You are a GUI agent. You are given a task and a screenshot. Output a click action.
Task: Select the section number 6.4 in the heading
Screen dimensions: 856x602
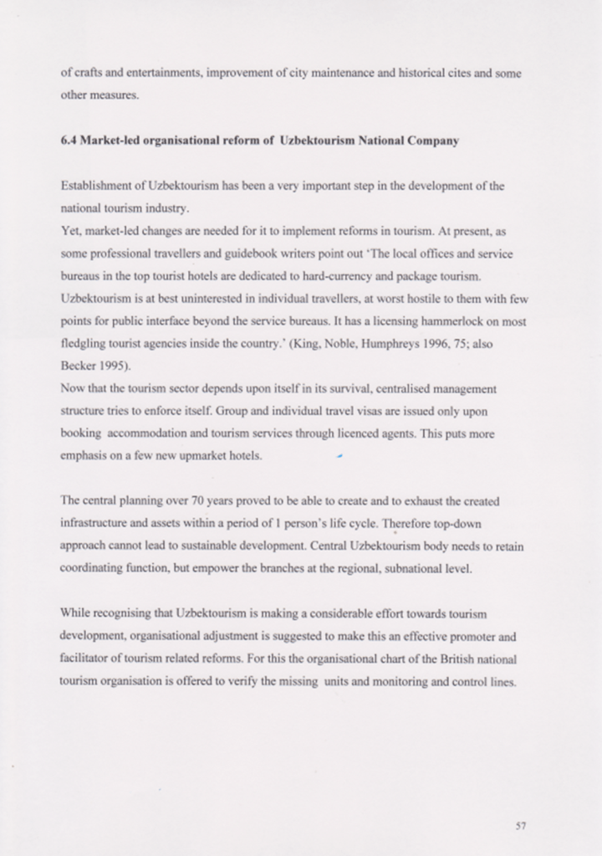(68, 141)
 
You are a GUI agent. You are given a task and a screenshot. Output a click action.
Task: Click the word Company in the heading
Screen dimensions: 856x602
(433, 141)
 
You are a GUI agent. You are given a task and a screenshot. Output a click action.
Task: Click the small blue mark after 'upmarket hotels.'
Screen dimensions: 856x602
(339, 456)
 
